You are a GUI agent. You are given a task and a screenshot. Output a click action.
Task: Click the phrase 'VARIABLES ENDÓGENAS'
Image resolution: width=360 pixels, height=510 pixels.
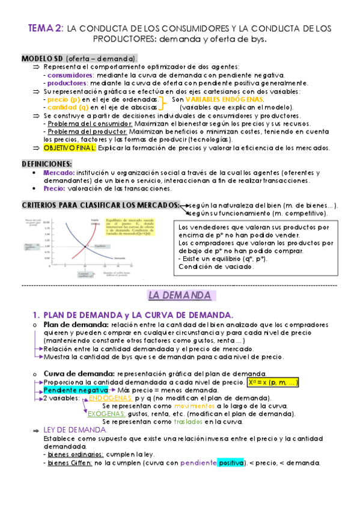pos(224,99)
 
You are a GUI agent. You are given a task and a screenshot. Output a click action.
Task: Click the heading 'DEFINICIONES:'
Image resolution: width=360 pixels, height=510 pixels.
pos(47,164)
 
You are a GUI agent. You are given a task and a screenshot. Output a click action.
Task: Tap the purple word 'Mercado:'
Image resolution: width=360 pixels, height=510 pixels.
pos(59,172)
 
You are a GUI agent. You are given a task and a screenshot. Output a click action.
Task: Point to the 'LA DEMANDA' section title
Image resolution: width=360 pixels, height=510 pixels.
pos(179,295)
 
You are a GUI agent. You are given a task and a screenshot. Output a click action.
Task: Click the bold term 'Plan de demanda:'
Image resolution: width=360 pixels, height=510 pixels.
pos(73,325)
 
